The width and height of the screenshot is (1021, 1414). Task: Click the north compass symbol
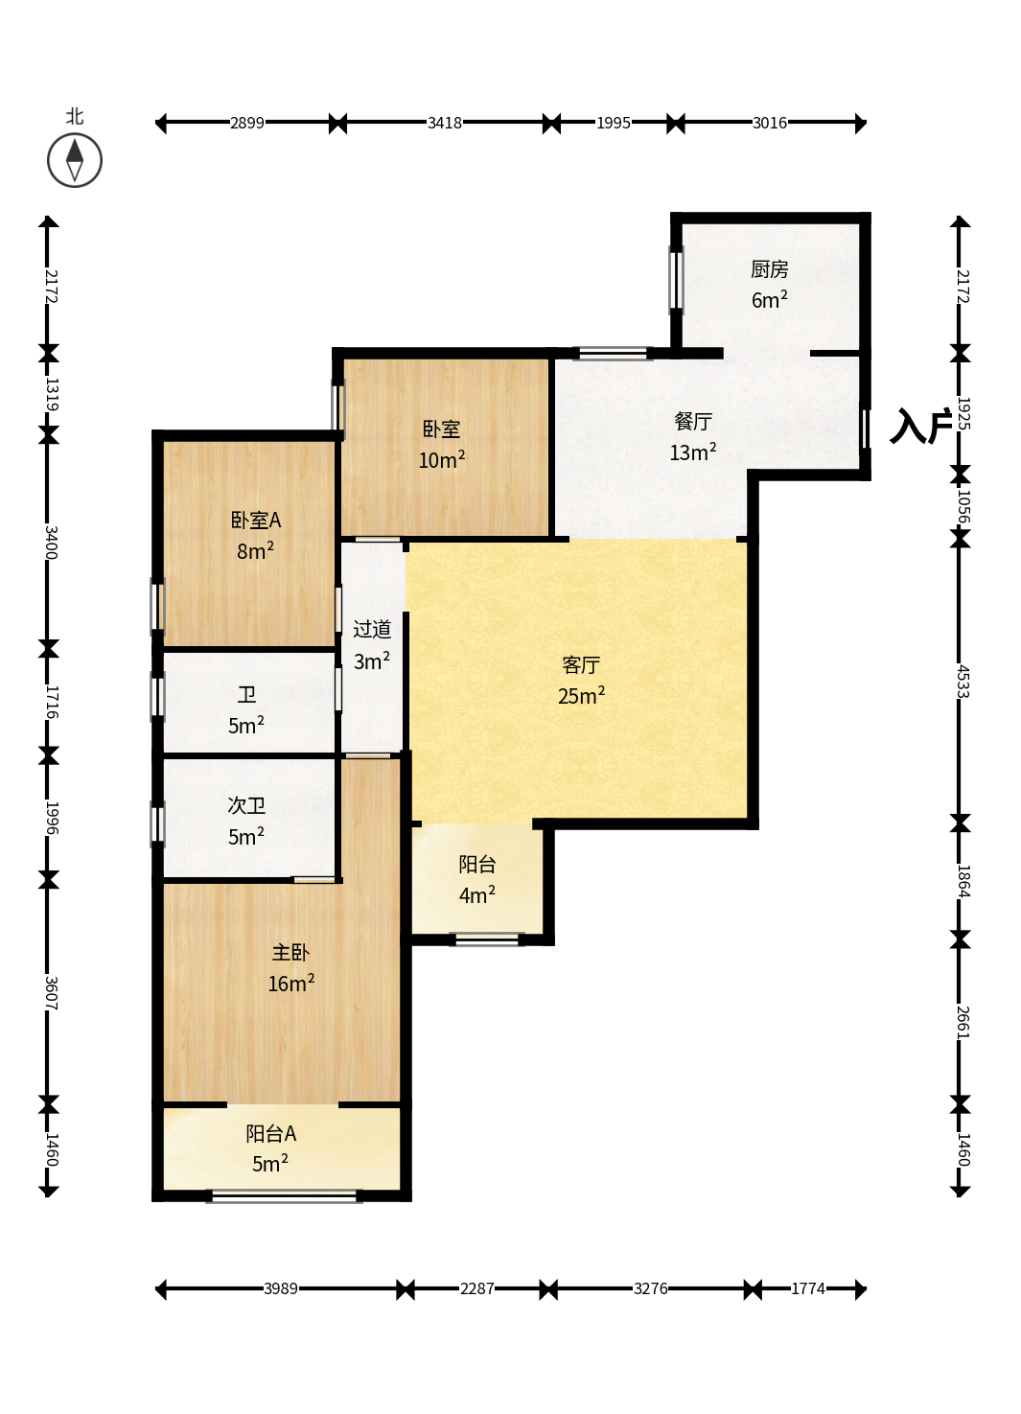(x=75, y=160)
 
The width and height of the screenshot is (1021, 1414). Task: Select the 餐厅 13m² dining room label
(x=693, y=436)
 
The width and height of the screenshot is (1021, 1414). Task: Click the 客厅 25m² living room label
(x=581, y=680)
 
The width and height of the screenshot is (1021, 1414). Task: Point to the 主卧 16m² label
(x=290, y=967)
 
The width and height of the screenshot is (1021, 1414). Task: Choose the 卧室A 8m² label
(x=255, y=535)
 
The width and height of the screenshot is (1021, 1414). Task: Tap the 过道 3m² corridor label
(x=371, y=644)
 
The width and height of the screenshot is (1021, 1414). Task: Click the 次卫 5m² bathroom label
(x=246, y=821)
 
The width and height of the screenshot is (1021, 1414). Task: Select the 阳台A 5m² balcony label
(x=271, y=1148)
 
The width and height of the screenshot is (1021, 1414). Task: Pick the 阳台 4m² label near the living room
(x=476, y=879)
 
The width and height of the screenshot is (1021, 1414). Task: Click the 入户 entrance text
(x=920, y=426)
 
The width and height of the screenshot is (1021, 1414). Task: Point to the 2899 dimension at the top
(x=247, y=123)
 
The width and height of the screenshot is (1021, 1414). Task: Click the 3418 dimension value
(x=445, y=123)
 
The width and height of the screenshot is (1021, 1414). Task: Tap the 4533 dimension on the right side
(x=962, y=681)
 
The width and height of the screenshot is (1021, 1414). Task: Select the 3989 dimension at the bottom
(x=280, y=1288)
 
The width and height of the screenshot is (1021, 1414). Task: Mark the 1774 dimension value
(x=808, y=1288)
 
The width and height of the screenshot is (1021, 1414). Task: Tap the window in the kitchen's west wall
(x=676, y=280)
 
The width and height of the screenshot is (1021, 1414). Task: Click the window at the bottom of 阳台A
(x=284, y=1195)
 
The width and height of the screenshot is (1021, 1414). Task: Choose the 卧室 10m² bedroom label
(x=441, y=445)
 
